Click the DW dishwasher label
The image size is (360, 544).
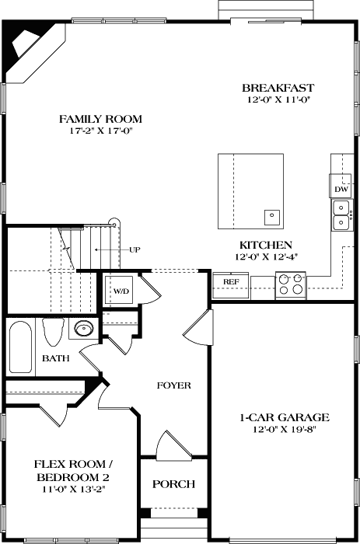point(341,189)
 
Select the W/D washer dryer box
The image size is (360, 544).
point(121,291)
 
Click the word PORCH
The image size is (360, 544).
point(173,483)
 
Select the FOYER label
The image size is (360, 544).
point(173,385)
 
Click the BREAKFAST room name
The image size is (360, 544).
point(272,88)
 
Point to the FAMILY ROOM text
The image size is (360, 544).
point(101,119)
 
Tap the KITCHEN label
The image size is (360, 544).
point(265,244)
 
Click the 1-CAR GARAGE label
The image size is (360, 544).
point(284,417)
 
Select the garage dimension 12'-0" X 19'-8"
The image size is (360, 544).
point(284,429)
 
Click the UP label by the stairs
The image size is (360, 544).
point(135,249)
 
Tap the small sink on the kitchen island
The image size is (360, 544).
point(272,215)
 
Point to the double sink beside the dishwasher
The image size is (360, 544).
point(341,215)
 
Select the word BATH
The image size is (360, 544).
point(54,358)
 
